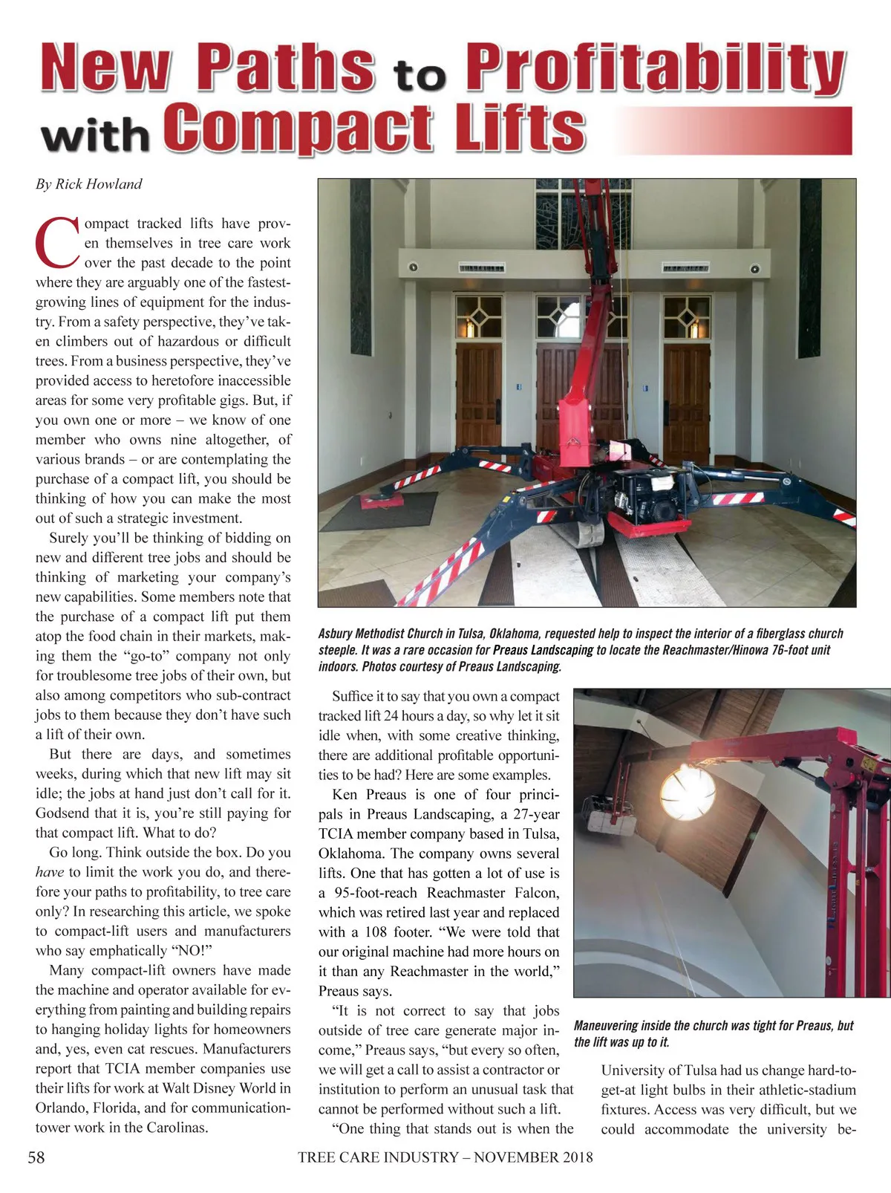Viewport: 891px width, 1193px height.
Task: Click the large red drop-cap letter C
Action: coord(57,242)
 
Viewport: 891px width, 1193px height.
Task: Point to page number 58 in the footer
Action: coord(36,1157)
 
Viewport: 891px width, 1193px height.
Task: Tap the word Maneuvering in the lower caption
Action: coord(606,1026)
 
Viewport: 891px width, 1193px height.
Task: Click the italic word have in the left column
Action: coord(49,872)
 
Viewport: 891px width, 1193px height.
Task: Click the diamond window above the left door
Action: coord(478,316)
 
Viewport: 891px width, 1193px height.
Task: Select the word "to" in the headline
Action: coord(420,75)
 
